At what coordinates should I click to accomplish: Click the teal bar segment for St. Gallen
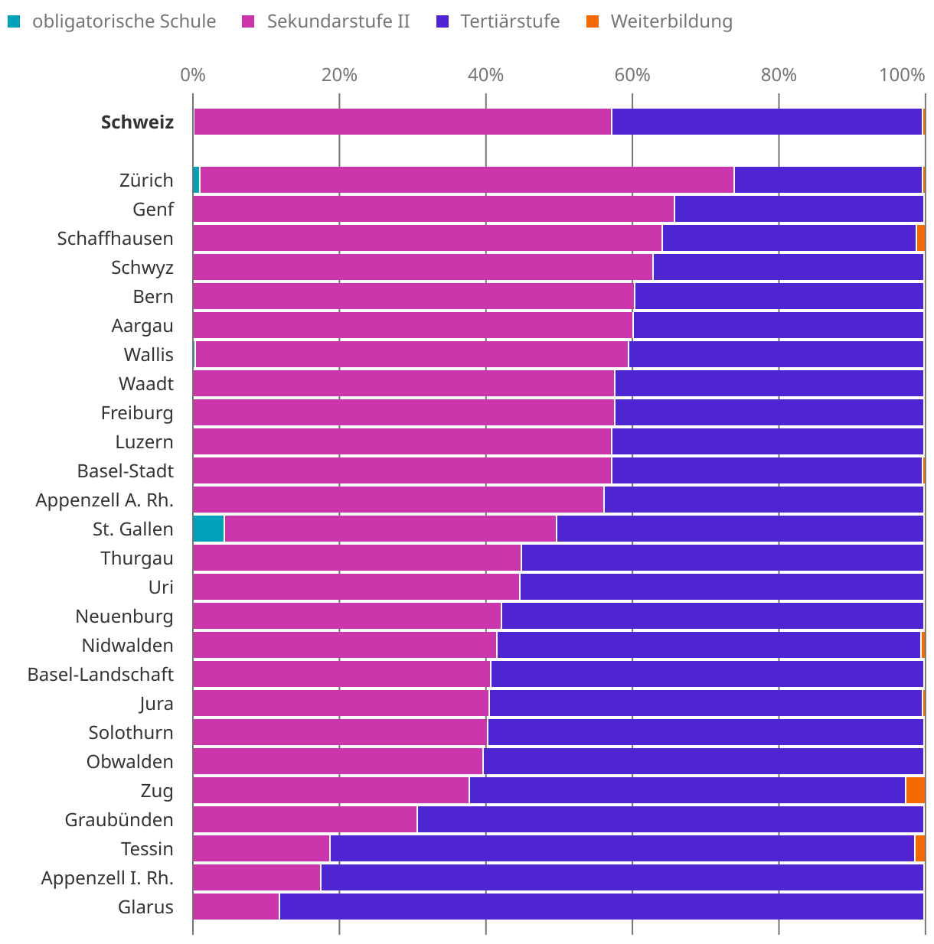209,529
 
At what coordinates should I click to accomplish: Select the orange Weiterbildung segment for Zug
915,790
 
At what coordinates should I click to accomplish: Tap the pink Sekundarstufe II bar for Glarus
236,907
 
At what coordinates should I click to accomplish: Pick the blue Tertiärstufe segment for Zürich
828,180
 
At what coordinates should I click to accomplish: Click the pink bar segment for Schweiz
403,122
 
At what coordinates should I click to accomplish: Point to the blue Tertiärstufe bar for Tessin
622,848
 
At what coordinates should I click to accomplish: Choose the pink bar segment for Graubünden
305,819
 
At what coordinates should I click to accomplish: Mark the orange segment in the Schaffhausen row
920,238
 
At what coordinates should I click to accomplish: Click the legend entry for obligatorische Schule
113,21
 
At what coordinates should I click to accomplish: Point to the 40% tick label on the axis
485,75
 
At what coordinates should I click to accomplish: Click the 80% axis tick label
779,75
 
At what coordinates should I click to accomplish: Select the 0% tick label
193,75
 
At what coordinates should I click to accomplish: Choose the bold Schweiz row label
138,122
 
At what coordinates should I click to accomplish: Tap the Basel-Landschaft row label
100,674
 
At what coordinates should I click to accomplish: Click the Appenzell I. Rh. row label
107,877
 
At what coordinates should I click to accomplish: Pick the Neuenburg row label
124,616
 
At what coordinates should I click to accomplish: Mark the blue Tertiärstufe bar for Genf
798,209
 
